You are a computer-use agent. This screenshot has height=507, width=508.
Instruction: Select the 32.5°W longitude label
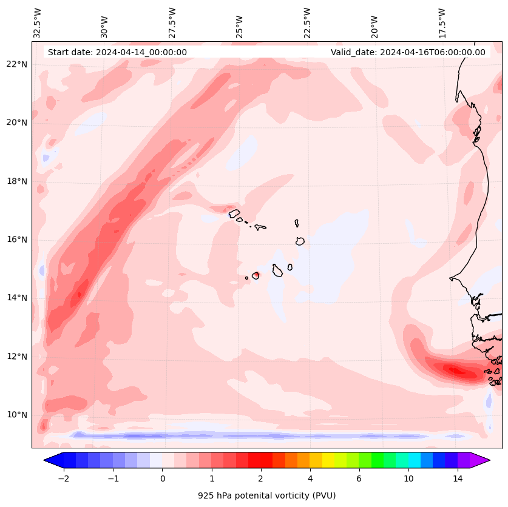pos(38,23)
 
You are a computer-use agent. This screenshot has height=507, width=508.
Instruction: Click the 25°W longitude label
pos(240,27)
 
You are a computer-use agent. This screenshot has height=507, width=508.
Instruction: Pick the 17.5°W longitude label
pos(442,23)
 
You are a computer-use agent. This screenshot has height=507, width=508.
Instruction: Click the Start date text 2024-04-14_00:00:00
pos(117,52)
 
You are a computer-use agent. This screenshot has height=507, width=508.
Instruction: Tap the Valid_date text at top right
pos(408,52)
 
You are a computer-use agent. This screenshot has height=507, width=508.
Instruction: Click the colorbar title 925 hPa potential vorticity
pos(266,495)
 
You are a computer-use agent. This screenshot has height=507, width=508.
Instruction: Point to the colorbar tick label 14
pos(458,479)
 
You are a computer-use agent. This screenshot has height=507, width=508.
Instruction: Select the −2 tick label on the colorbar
pos(63,479)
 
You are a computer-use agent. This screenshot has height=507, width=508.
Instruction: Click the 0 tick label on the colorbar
pos(162,479)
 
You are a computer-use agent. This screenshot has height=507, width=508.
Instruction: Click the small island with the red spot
pos(256,275)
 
